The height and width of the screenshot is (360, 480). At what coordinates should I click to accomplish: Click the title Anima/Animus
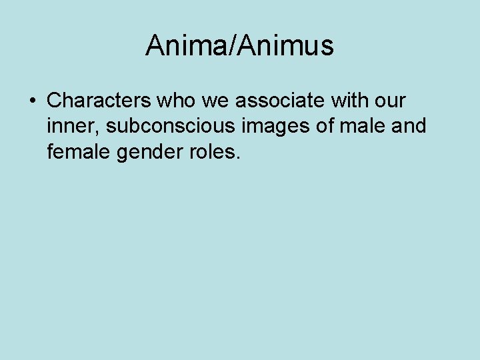click(239, 45)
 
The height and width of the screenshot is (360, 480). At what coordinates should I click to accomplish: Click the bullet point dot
click(32, 101)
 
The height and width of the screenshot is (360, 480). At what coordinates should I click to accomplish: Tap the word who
click(175, 101)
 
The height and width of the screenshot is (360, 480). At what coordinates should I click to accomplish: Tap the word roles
click(212, 151)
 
